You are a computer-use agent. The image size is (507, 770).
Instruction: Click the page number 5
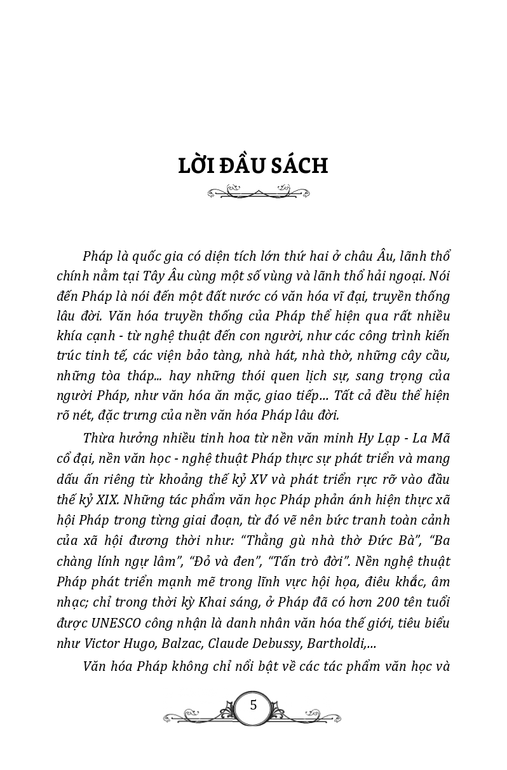pos(253,705)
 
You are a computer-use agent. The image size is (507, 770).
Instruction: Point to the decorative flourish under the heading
pos(258,191)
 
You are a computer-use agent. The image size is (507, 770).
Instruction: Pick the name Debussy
pos(276,643)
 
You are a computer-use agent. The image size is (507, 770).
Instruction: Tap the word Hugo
pos(140,643)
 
